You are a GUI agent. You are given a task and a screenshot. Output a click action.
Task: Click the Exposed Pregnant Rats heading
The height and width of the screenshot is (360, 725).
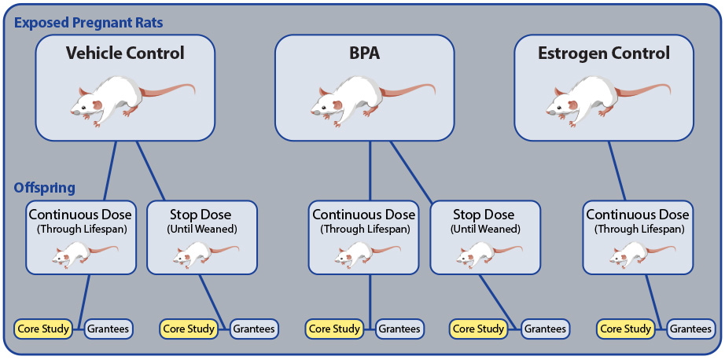[88, 23]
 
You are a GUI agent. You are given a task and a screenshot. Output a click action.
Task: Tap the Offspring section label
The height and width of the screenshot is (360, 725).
[45, 188]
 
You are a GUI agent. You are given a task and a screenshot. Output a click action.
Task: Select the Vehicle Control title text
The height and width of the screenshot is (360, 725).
[125, 53]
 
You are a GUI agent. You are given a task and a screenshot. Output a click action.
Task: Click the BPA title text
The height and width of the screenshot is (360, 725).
[364, 53]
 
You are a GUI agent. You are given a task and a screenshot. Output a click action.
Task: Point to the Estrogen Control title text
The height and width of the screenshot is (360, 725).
[604, 53]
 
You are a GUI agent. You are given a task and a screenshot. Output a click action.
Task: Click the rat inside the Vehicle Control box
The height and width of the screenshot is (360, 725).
[132, 100]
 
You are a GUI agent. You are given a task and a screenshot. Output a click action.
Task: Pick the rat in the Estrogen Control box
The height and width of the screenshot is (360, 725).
[608, 100]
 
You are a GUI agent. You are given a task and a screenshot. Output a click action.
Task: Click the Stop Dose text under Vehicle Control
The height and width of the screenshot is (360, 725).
[201, 215]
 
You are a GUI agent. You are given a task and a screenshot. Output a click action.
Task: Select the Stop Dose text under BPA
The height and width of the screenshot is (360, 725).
[483, 215]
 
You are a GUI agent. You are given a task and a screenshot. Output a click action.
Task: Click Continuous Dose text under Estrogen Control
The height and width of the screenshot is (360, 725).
[638, 215]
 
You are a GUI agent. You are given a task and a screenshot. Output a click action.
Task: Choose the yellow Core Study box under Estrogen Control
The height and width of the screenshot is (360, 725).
[626, 329]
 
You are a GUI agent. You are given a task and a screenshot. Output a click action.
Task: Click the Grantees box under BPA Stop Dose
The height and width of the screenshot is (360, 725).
[544, 329]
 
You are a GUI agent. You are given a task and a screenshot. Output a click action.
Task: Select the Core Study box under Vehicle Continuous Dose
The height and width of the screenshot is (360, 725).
[43, 329]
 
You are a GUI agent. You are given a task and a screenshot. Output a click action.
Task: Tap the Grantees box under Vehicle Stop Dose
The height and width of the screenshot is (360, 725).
[253, 329]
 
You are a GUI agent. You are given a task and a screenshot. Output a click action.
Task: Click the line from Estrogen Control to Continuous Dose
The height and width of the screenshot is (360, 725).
[616, 171]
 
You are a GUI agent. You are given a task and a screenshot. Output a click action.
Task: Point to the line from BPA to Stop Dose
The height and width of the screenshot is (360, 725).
[411, 172]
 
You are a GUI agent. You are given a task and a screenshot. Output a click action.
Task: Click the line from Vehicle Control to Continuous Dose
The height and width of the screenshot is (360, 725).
[109, 171]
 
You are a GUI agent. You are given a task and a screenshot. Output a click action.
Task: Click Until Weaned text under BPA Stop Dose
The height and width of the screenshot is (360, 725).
[484, 229]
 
